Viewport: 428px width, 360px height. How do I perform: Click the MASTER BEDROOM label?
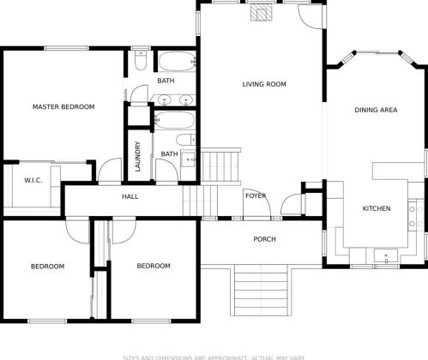63,107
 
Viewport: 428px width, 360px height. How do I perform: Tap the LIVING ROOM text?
263,84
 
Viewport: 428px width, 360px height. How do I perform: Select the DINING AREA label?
376,110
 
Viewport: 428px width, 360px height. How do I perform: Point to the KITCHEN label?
377,208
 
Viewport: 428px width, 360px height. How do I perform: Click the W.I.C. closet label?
33,181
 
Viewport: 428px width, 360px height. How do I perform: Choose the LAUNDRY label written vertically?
137,156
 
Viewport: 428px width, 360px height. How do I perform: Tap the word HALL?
130,196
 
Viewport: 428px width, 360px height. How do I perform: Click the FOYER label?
256,196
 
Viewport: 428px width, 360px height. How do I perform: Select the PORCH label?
264,239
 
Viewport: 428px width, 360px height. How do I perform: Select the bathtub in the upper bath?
176,62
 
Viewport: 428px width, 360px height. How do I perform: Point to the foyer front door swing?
293,206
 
